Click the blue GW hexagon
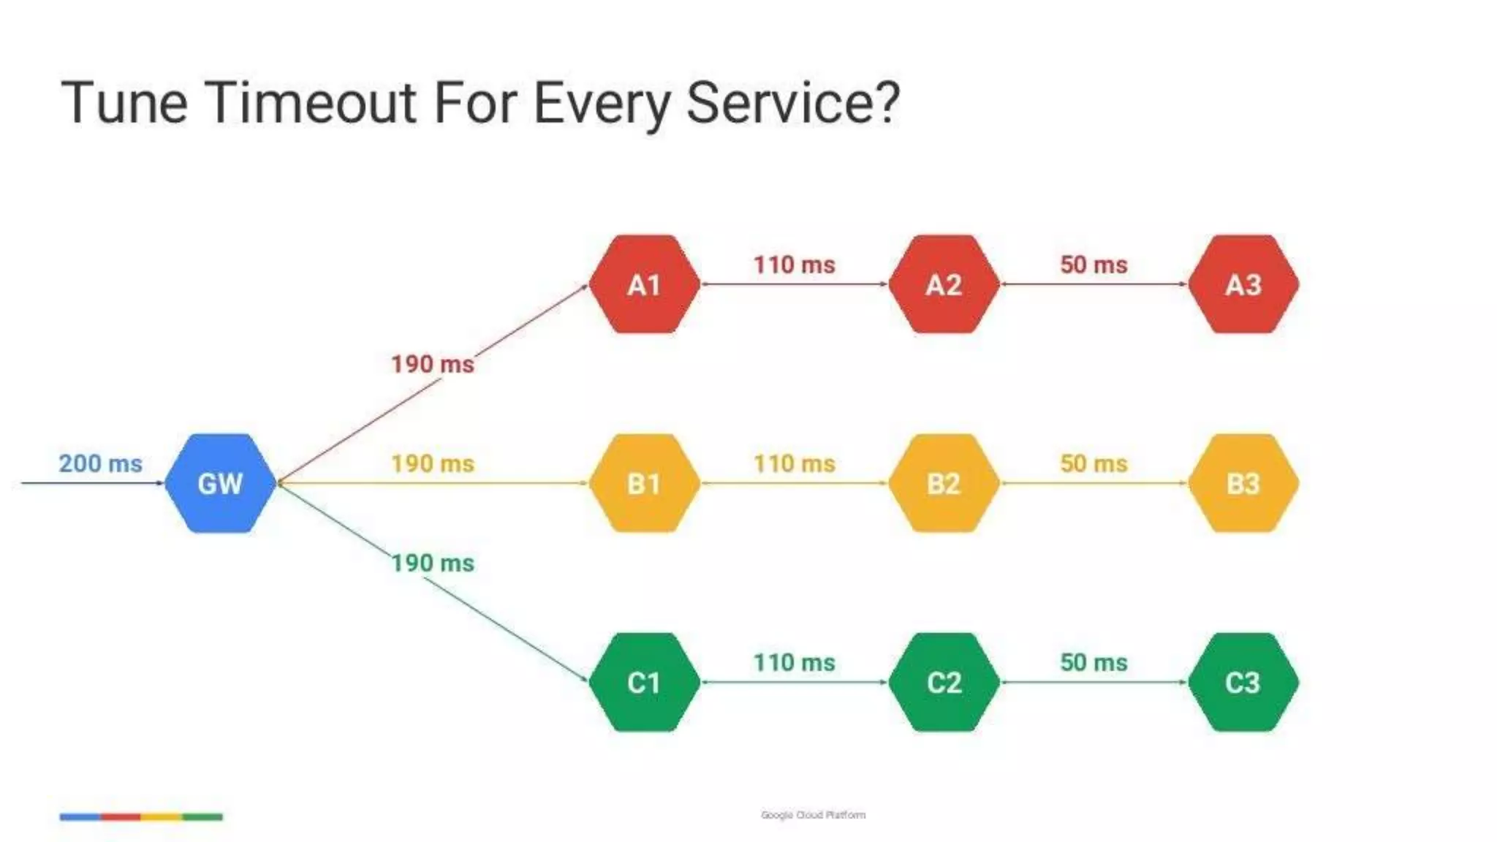pyautogui.click(x=220, y=483)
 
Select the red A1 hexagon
pyautogui.click(x=644, y=284)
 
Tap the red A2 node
pyautogui.click(x=944, y=284)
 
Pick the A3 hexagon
pyautogui.click(x=1243, y=284)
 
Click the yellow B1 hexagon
pyautogui.click(x=644, y=483)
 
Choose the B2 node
pyautogui.click(x=944, y=483)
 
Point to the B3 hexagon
pyautogui.click(x=1243, y=483)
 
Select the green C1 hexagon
pyautogui.click(x=644, y=682)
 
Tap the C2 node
pyautogui.click(x=944, y=682)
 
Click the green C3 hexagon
pyautogui.click(x=1243, y=682)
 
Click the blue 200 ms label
pyautogui.click(x=101, y=463)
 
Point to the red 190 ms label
pyautogui.click(x=432, y=364)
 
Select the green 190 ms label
pyautogui.click(x=432, y=563)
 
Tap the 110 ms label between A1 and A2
pyautogui.click(x=794, y=265)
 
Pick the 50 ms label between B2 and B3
pyautogui.click(x=1094, y=463)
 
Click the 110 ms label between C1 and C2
pyautogui.click(x=794, y=662)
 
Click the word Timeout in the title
pyautogui.click(x=311, y=102)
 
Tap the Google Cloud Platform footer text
pyautogui.click(x=813, y=815)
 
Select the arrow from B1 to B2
pyautogui.click(x=794, y=483)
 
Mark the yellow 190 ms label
pyautogui.click(x=432, y=463)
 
